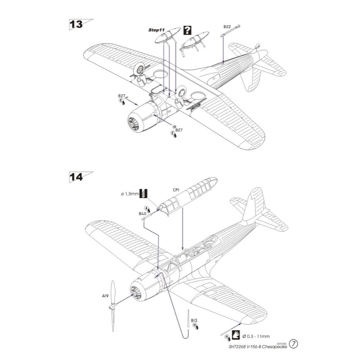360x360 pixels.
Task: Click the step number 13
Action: (x=76, y=24)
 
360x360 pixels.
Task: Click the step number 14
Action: (x=76, y=177)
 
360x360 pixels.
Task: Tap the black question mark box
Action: (x=187, y=30)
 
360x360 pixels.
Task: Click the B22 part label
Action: (x=227, y=27)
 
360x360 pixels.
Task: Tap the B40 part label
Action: (x=142, y=213)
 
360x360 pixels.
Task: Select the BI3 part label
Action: (x=194, y=320)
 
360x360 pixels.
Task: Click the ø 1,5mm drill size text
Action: (x=130, y=194)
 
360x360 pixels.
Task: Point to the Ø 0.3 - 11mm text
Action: (x=256, y=336)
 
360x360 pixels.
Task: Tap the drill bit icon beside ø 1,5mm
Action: (x=145, y=193)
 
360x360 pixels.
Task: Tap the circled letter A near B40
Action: (x=147, y=208)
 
